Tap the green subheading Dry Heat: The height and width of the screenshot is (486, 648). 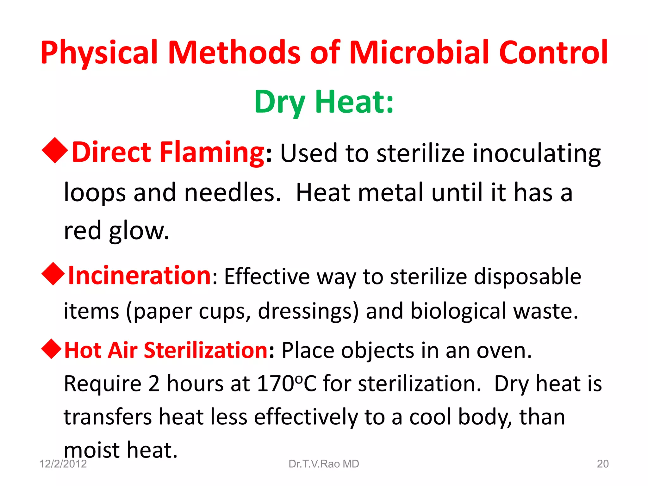click(x=324, y=102)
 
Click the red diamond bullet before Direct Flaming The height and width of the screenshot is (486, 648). click(x=55, y=151)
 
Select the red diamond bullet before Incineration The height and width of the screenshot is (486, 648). click(x=53, y=274)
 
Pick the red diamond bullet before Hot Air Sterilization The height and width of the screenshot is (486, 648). click(x=51, y=349)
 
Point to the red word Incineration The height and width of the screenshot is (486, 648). click(x=140, y=276)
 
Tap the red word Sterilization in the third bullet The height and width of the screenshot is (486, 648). click(x=206, y=351)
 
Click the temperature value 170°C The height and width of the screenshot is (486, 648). click(x=287, y=384)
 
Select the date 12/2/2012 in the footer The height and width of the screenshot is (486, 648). click(x=63, y=464)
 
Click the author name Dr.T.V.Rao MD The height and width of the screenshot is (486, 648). click(x=324, y=464)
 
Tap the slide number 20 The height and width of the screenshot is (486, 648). click(x=602, y=464)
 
